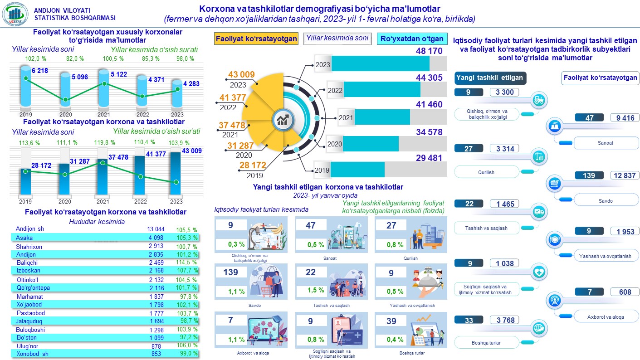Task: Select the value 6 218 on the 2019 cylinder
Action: [40, 70]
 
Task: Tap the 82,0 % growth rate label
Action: [75, 58]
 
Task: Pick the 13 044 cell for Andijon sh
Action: [156, 229]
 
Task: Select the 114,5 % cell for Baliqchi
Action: [186, 262]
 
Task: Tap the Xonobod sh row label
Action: [33, 354]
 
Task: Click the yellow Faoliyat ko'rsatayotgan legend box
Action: [256, 39]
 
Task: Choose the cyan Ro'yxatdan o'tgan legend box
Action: [411, 39]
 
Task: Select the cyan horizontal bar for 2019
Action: [357, 170]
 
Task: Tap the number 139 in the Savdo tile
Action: [231, 272]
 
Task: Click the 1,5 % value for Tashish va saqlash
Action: [319, 290]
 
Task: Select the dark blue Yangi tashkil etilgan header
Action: [490, 78]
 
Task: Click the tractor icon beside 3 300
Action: [539, 101]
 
